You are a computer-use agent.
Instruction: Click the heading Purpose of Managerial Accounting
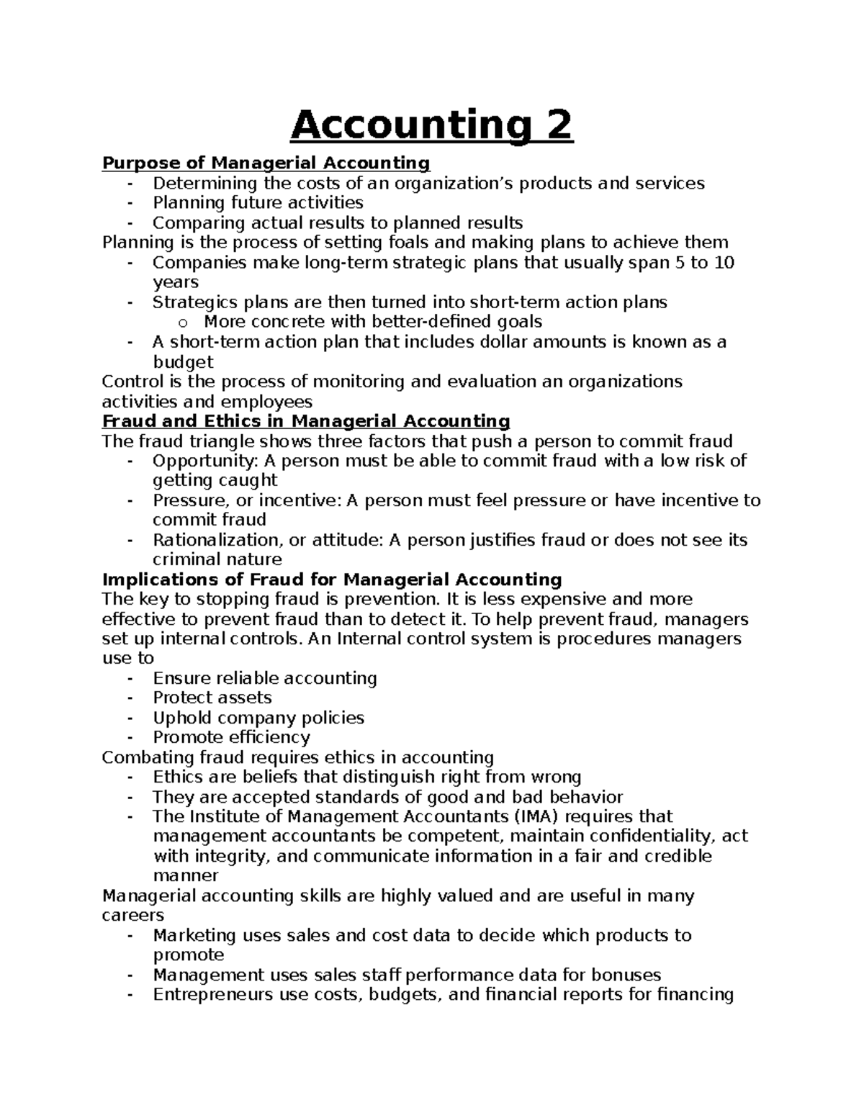coord(266,163)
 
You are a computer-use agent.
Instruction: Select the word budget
coord(183,361)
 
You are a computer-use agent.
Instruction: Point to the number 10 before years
coord(724,263)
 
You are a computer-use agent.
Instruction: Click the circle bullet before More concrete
coord(183,323)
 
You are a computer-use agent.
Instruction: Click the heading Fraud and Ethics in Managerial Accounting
coord(306,421)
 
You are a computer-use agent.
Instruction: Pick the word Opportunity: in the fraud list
coord(205,461)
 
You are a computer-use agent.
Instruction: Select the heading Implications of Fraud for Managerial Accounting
coord(332,580)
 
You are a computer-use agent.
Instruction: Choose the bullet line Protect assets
coord(212,698)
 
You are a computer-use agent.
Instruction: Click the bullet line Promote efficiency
coord(231,737)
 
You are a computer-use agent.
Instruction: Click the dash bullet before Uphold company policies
coord(130,718)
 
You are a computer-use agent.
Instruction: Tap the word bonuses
coord(626,975)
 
